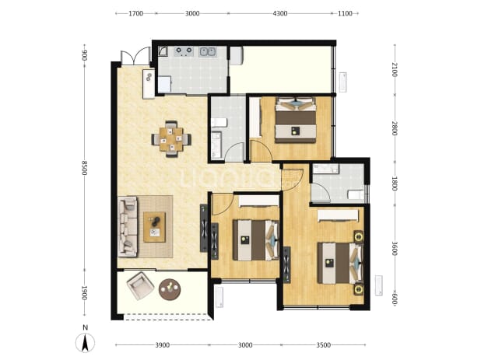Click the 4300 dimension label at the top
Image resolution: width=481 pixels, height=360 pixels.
280,13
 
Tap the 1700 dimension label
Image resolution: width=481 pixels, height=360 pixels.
136,13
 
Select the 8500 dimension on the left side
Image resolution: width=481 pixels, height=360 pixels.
85,168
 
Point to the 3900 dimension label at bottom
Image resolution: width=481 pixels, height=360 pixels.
162,345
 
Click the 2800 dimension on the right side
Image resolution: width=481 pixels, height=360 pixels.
395,128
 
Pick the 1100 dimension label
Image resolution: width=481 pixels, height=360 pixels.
345,13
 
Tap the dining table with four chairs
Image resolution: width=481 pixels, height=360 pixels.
171,139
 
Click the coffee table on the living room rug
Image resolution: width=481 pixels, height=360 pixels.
155,227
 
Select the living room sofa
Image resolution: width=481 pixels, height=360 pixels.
128,226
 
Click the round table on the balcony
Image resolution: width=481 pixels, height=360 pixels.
170,289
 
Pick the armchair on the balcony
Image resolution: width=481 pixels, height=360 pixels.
140,285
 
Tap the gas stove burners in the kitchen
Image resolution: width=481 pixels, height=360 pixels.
184,51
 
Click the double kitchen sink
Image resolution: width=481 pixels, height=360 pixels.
208,52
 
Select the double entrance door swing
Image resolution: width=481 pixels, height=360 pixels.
135,56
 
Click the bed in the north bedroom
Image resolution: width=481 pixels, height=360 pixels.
296,120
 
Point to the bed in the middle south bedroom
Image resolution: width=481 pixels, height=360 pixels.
256,240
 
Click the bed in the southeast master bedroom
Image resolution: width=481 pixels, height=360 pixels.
340,263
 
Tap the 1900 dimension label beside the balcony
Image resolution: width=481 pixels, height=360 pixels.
85,293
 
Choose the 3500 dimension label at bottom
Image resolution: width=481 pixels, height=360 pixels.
323,345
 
